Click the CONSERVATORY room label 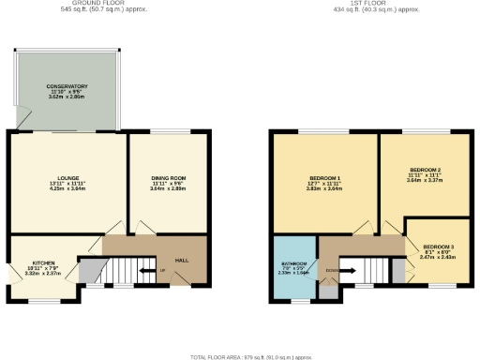67,86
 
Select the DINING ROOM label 170,178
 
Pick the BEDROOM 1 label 325,178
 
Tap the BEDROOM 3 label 436,245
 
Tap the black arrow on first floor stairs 346,273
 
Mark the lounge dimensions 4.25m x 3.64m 67,188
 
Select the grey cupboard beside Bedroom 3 397,271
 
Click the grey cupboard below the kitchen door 87,271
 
